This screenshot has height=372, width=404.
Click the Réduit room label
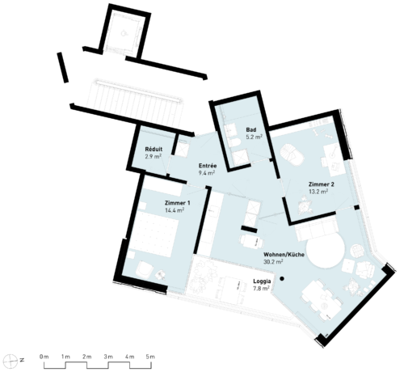point(154,150)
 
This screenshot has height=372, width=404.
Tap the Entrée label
point(208,166)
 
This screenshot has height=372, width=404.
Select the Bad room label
point(251,129)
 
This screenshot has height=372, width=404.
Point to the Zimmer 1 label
point(178,203)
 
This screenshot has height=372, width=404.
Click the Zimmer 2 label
point(322,184)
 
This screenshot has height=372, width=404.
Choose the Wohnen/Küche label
point(284,255)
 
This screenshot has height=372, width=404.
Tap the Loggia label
point(262,281)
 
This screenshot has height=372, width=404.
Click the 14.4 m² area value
point(175,210)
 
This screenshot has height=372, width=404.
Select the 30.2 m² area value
point(273,262)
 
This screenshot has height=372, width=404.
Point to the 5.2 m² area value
point(254,137)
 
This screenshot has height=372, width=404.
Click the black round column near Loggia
point(282,279)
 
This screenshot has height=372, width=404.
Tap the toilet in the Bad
point(234,143)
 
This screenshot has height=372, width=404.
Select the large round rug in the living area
point(326,252)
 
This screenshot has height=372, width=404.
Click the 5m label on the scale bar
point(150,357)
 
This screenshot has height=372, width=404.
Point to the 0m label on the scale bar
point(44,357)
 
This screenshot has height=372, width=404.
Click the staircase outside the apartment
point(138,103)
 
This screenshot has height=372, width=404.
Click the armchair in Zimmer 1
point(145,269)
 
